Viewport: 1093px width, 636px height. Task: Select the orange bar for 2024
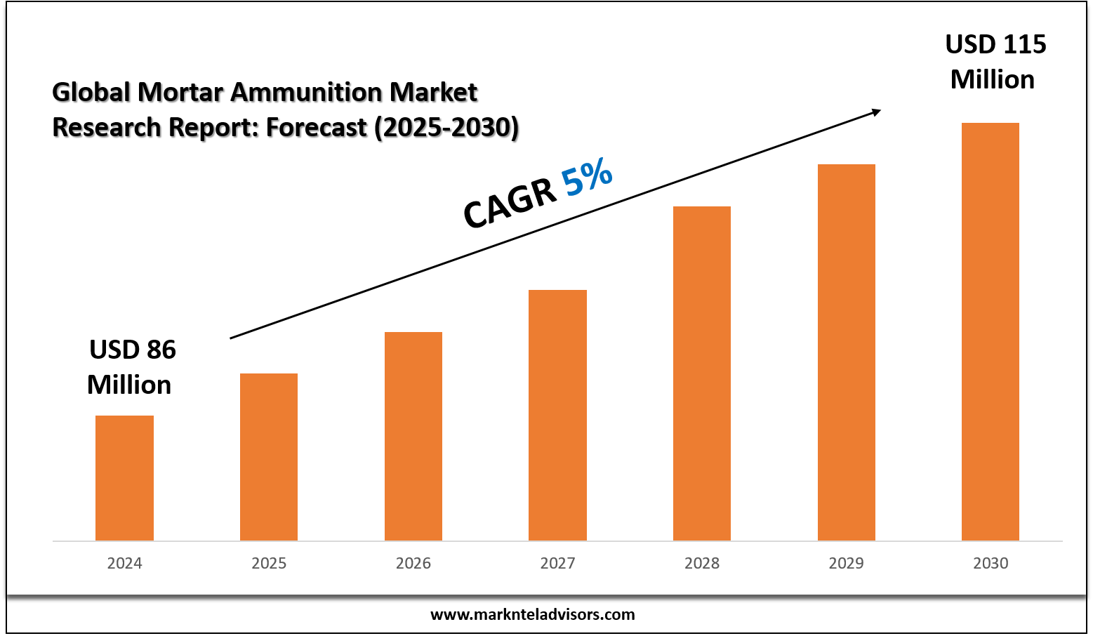[x=124, y=478]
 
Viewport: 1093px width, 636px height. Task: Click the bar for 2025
[x=269, y=457]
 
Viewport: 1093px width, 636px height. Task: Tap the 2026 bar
[x=413, y=437]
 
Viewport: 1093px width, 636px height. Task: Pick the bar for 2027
[x=557, y=416]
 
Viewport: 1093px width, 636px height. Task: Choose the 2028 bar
[x=702, y=373]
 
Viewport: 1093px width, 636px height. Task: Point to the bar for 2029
[x=847, y=352]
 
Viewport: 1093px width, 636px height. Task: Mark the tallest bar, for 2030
[x=991, y=332]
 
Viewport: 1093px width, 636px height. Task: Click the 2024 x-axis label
[x=124, y=563]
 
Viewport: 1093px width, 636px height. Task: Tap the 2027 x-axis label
[x=557, y=563]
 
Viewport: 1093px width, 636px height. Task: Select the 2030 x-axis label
[x=991, y=563]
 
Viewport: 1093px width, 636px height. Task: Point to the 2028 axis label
[x=702, y=563]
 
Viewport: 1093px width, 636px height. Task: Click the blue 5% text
[x=587, y=177]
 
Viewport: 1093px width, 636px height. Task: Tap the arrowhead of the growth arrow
[x=876, y=113]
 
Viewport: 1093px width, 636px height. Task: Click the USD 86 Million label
[x=131, y=367]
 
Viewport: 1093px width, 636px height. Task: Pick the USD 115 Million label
[x=995, y=62]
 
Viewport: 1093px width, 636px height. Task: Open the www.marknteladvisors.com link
[x=532, y=614]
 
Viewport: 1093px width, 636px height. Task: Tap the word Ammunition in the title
[x=306, y=92]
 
